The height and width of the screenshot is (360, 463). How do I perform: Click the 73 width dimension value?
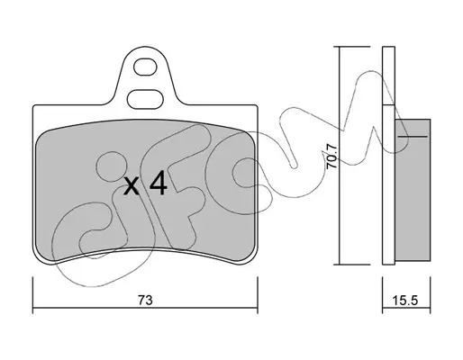(145, 300)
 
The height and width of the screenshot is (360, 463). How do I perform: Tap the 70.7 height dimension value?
(332, 156)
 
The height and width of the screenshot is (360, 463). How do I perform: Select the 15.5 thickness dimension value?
(405, 300)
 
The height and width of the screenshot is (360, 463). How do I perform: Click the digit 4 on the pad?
(159, 183)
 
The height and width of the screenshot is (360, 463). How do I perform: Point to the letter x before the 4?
(132, 185)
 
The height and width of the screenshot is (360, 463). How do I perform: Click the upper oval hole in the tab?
(145, 67)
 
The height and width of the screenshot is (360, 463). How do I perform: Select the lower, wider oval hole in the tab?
(145, 99)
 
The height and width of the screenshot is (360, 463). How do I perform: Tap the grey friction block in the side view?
(413, 190)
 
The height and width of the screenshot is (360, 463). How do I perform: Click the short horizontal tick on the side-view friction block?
(413, 137)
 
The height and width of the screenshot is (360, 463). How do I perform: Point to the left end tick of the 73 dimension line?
(32, 295)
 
